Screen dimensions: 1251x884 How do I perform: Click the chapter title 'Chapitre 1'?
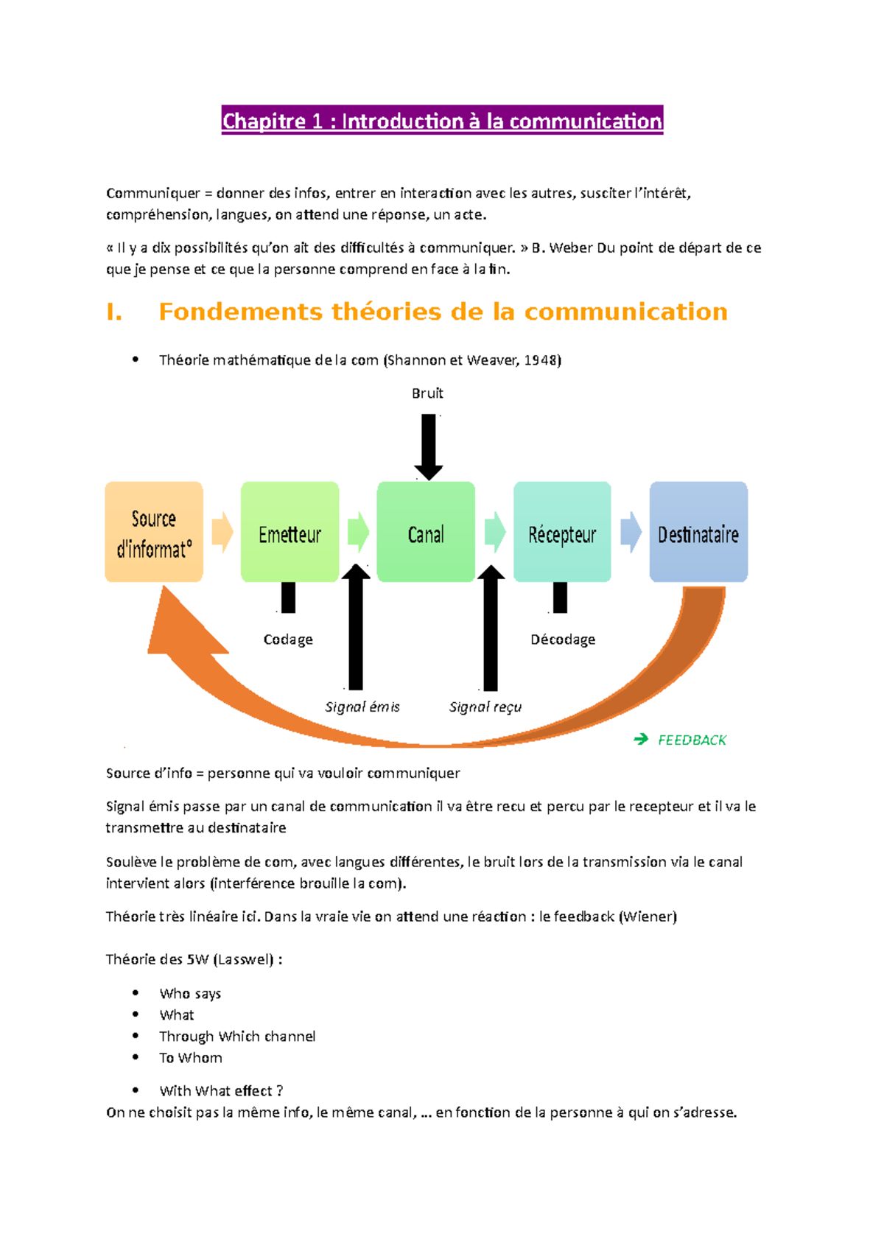[442, 121]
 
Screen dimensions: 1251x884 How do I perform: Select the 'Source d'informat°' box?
[154, 533]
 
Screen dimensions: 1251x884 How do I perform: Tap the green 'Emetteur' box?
[290, 533]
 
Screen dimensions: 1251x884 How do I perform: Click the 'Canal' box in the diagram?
[426, 533]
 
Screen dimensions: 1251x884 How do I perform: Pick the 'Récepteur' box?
[562, 533]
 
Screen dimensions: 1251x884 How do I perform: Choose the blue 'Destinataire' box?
[698, 533]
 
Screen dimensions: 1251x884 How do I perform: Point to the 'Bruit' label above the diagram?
[427, 393]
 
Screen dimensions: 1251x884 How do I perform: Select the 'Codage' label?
[288, 639]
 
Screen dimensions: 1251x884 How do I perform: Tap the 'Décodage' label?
[563, 639]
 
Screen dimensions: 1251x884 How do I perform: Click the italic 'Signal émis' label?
[362, 707]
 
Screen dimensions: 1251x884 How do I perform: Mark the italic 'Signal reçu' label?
[485, 707]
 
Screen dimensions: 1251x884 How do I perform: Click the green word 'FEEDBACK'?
[692, 740]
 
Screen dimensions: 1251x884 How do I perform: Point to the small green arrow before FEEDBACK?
[641, 739]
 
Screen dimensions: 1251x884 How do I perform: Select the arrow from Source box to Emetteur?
[222, 533]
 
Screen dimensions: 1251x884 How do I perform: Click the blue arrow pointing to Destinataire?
[631, 533]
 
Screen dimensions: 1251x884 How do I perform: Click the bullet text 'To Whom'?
[191, 1058]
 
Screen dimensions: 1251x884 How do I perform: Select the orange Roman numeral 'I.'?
[114, 312]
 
